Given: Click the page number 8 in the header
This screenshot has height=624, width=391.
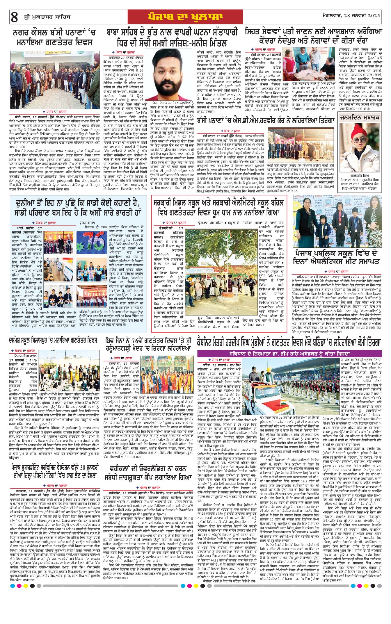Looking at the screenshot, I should pyautogui.click(x=14, y=17).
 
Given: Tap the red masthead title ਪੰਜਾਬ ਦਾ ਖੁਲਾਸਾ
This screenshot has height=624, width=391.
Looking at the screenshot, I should pyautogui.click(x=185, y=17).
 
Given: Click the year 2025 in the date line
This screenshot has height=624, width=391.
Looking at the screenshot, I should pyautogui.click(x=374, y=16).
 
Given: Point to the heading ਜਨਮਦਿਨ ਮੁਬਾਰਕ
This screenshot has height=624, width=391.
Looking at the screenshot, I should pyautogui.click(x=360, y=118).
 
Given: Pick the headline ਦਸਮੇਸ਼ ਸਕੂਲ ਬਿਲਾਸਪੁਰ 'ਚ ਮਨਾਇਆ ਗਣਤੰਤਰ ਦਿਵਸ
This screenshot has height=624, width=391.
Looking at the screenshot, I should pyautogui.click(x=53, y=340).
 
